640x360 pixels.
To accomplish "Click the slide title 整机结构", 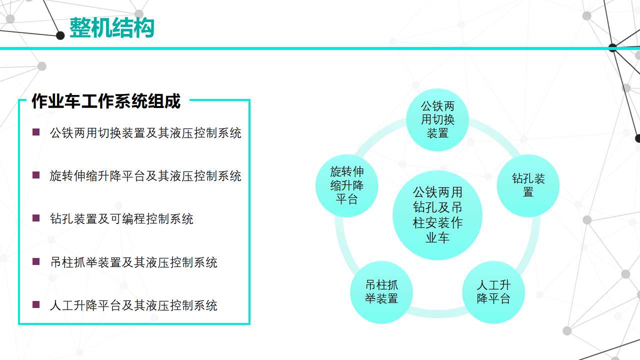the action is pyautogui.click(x=112, y=27).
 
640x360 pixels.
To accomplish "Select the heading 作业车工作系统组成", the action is pyautogui.click(x=106, y=101).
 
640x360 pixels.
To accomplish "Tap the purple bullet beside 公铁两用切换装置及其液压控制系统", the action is pyautogui.click(x=36, y=132).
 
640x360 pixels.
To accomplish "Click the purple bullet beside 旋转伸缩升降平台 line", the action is pyautogui.click(x=36, y=175).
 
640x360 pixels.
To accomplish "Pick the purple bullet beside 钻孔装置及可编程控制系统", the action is pyautogui.click(x=36, y=218).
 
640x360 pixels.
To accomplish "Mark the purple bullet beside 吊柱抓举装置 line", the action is pyautogui.click(x=36, y=261).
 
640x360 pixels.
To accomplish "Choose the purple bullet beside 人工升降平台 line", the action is pyautogui.click(x=36, y=304).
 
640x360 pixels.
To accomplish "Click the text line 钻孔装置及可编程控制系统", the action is pyautogui.click(x=121, y=219).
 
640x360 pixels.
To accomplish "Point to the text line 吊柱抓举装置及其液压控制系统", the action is pyautogui.click(x=133, y=262).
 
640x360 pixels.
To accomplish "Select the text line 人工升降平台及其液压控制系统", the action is pyautogui.click(x=133, y=305).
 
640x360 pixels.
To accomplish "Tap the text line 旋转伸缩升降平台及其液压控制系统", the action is pyautogui.click(x=145, y=176).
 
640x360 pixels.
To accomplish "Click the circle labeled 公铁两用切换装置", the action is pyautogui.click(x=437, y=119).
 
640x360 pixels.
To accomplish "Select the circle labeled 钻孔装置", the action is pyautogui.click(x=528, y=185).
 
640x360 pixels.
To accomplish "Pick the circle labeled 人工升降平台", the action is pyautogui.click(x=493, y=292).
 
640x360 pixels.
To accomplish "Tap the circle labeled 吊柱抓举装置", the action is pyautogui.click(x=381, y=292).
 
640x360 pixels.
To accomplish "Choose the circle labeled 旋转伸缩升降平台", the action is pyautogui.click(x=347, y=185).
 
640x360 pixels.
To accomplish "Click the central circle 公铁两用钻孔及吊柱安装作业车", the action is pyautogui.click(x=437, y=215).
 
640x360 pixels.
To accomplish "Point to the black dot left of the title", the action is pyautogui.click(x=60, y=35).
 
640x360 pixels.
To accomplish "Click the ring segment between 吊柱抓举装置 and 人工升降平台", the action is pyautogui.click(x=437, y=313).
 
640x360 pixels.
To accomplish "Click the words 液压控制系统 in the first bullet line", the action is pyautogui.click(x=205, y=133).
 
